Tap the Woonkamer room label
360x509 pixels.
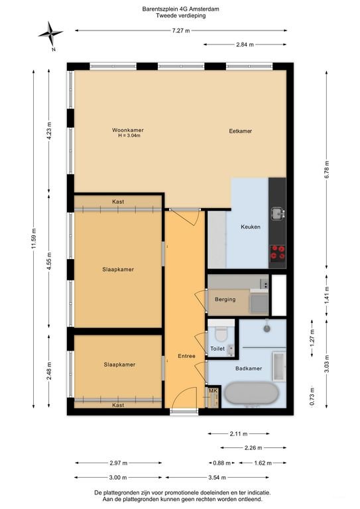(x=128, y=130)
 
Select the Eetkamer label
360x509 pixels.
(x=241, y=131)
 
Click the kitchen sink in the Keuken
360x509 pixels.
(x=278, y=213)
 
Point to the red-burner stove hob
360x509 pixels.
(x=278, y=253)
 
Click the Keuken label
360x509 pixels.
(x=251, y=227)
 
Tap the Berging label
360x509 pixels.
(x=225, y=300)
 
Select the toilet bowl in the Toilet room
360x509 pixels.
(x=221, y=334)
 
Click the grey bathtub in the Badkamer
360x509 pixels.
(x=252, y=394)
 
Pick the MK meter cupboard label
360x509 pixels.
(x=213, y=390)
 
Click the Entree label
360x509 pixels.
(x=187, y=356)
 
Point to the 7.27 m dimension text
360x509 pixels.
(x=181, y=31)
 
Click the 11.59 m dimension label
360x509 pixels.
(x=34, y=239)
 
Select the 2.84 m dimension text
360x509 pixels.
(x=245, y=45)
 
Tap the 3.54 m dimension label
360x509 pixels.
(x=217, y=477)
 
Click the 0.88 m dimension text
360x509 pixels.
(x=221, y=463)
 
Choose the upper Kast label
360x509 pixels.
(x=118, y=201)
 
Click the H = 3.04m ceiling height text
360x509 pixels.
(x=129, y=136)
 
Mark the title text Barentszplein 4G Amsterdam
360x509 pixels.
(x=180, y=9)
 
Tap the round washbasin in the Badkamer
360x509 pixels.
(x=267, y=329)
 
